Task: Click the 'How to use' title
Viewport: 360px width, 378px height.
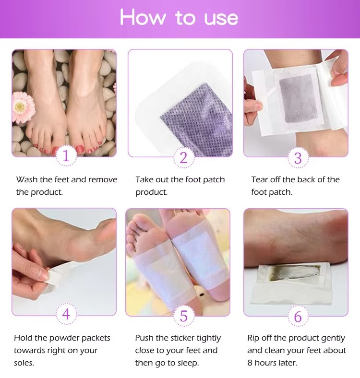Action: pos(179,17)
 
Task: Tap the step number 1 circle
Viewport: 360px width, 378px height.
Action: pos(66,156)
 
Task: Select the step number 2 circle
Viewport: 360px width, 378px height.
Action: pos(184,158)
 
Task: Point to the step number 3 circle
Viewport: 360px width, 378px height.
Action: pos(298,158)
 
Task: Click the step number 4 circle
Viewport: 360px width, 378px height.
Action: pos(66,314)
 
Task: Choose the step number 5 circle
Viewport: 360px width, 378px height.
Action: pos(184,316)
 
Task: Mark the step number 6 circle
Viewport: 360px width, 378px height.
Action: pos(298,316)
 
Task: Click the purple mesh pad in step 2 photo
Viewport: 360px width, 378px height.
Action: pos(197,119)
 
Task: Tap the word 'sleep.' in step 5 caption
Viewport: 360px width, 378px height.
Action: pos(188,363)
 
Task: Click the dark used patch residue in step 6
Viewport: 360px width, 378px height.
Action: pos(294,272)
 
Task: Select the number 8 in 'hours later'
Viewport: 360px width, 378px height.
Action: pos(250,363)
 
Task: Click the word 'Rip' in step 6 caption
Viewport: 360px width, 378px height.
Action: pos(253,339)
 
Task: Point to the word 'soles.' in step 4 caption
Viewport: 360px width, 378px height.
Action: pos(24,363)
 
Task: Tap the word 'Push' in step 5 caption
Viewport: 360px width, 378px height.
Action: pos(144,338)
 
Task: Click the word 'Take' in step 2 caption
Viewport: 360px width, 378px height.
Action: pos(144,179)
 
